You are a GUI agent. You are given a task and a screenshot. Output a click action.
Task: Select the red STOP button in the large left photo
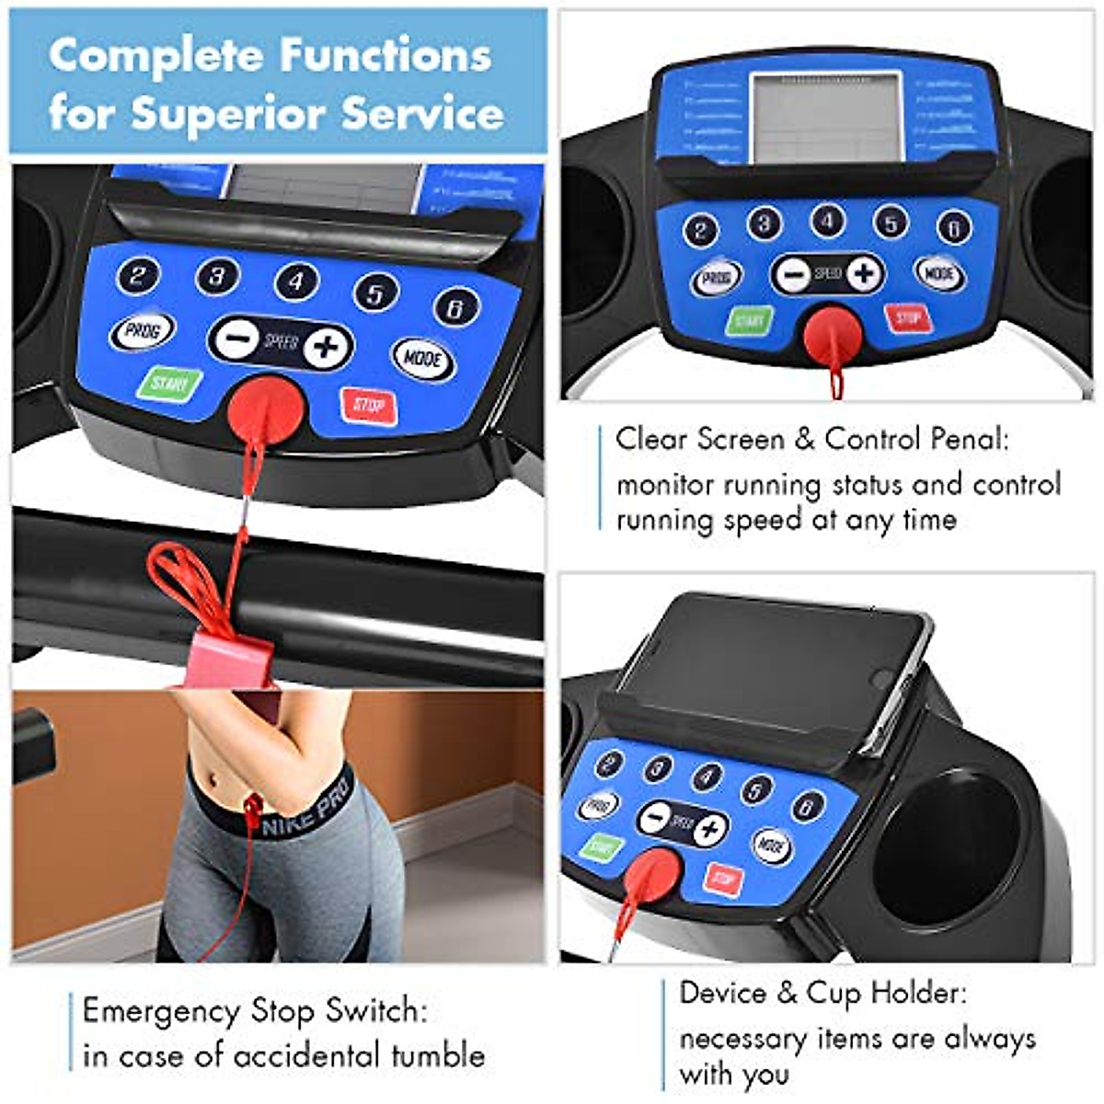[369, 405]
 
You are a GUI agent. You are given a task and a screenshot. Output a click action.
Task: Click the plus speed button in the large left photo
[326, 347]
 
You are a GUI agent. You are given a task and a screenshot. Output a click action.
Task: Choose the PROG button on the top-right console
[717, 278]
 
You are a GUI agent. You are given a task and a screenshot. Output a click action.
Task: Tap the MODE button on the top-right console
[939, 273]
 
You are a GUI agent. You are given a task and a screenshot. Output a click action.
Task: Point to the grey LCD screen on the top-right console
[825, 118]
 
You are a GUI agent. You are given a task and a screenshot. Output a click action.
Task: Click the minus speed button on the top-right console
[791, 274]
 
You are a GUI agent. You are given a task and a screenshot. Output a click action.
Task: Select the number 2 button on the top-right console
[701, 230]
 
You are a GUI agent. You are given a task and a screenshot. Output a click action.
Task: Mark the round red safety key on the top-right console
[834, 335]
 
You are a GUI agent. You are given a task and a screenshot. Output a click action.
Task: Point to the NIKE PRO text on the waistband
[305, 810]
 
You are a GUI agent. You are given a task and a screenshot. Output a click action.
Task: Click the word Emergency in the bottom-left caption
[162, 1010]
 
